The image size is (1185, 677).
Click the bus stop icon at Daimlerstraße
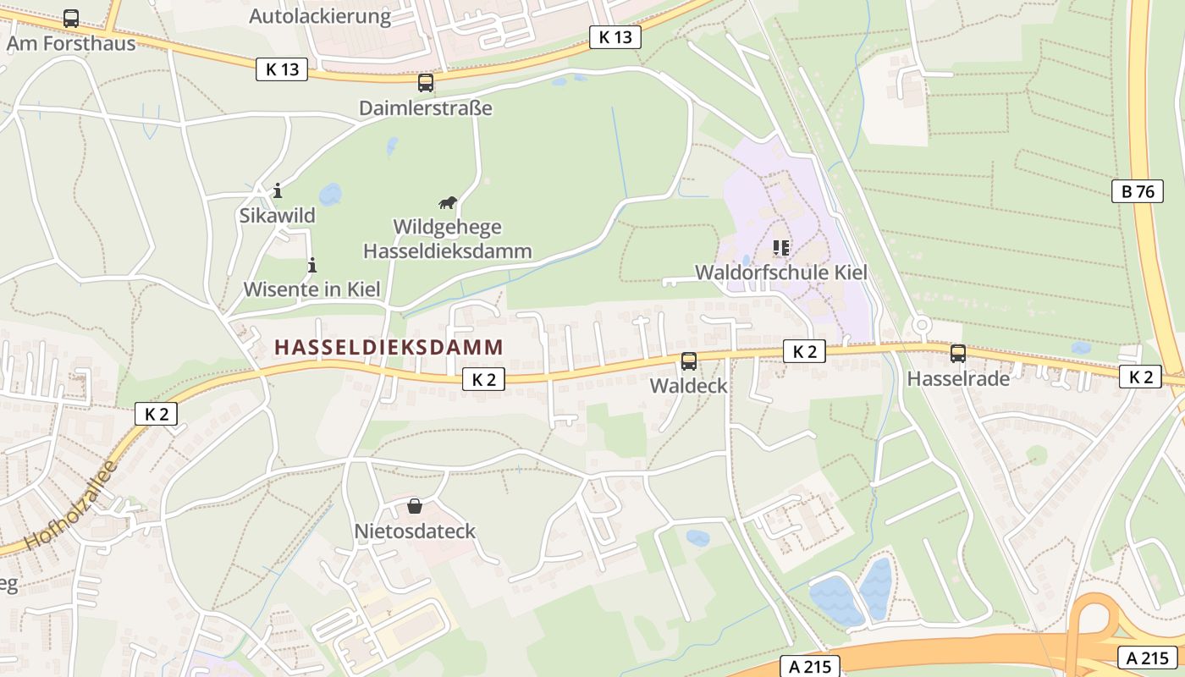coord(426,83)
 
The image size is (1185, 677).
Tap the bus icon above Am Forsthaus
coord(71,19)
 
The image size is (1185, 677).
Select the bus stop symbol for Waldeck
coord(689,361)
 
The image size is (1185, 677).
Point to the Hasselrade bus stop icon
coord(958,354)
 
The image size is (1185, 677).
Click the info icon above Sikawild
coord(277,190)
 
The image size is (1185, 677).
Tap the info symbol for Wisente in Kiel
coord(311,265)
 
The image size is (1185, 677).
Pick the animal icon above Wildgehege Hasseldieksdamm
coord(447,202)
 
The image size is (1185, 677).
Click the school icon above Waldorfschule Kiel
coord(780,248)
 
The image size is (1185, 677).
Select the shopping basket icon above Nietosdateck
coord(415,506)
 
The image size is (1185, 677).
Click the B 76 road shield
coord(1138,191)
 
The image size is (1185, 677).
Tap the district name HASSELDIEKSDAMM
coord(389,347)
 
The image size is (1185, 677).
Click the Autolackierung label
coord(320,15)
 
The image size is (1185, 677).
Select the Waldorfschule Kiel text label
coord(780,272)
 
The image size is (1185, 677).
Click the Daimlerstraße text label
coord(426,108)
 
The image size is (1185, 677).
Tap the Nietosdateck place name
coord(415,531)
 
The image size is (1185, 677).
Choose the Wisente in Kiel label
coord(311,289)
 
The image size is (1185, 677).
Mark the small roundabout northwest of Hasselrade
coord(922,324)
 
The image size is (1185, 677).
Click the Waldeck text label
coord(689,386)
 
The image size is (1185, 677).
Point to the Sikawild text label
coord(277,216)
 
